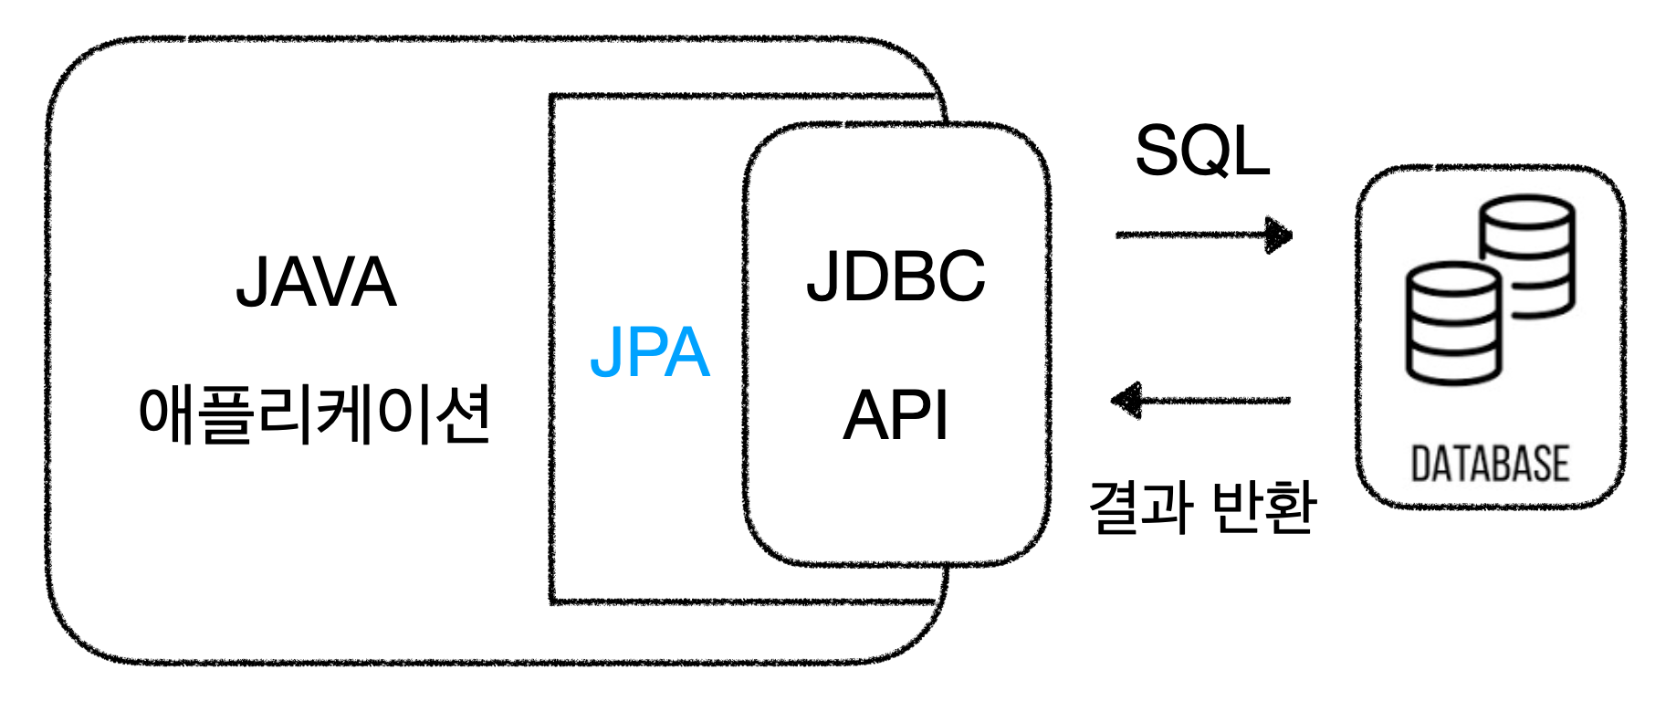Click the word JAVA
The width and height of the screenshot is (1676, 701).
pyautogui.click(x=316, y=283)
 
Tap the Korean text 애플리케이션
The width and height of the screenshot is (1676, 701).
pyautogui.click(x=314, y=415)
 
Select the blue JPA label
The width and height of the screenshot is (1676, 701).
pyautogui.click(x=649, y=352)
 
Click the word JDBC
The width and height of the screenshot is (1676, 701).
pyautogui.click(x=896, y=276)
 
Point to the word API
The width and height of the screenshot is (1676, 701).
pyautogui.click(x=896, y=416)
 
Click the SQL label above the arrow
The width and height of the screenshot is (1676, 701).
pyautogui.click(x=1202, y=152)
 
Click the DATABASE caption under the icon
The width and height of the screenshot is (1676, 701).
pyautogui.click(x=1490, y=464)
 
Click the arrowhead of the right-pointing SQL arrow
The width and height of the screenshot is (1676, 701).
pyautogui.click(x=1280, y=235)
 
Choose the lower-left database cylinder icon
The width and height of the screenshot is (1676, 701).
pyautogui.click(x=1452, y=323)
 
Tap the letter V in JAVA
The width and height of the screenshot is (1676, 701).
pyautogui.click(x=334, y=283)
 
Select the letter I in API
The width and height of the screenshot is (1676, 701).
pyautogui.click(x=941, y=416)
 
